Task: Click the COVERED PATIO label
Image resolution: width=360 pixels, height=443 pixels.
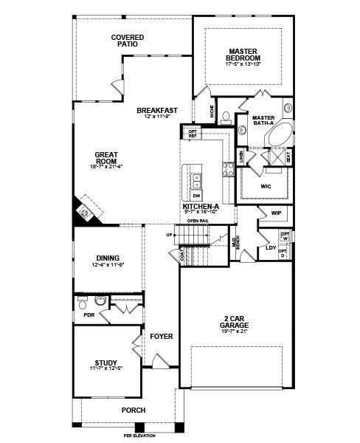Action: tap(127, 41)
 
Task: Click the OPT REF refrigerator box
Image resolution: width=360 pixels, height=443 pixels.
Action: tap(193, 134)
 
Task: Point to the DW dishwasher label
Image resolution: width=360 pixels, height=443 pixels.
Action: tap(196, 196)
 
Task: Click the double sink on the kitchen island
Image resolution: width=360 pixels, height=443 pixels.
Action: tap(196, 179)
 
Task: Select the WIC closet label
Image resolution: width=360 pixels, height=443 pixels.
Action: tap(266, 186)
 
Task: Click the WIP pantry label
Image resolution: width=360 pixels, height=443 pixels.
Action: tap(276, 213)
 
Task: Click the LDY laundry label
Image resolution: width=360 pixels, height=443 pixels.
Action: tap(270, 247)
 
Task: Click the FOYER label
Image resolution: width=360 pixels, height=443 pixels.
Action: tap(161, 336)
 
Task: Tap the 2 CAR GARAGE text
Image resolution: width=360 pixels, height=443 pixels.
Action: tap(235, 322)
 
